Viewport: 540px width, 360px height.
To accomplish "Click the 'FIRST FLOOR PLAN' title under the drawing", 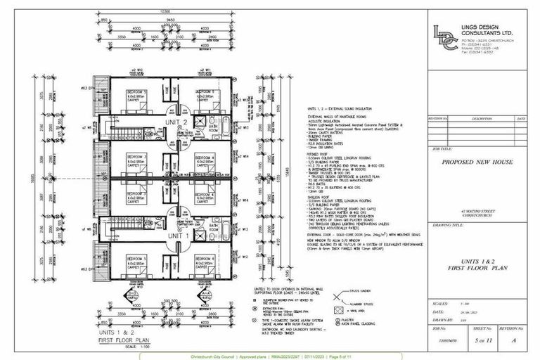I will click(x=127, y=339).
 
